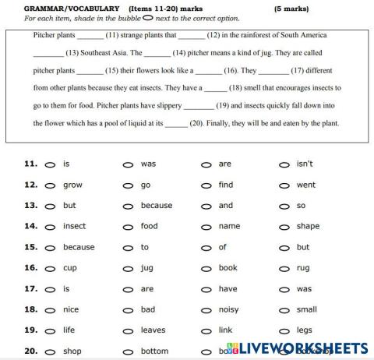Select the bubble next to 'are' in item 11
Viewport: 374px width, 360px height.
tap(206, 164)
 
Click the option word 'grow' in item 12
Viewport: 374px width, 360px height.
tap(72, 185)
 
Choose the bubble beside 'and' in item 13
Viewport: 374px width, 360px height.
tap(206, 206)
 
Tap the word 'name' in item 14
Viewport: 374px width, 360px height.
tap(229, 226)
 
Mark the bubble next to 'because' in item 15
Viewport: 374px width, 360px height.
tap(50, 247)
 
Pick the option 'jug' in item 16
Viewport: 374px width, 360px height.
tap(147, 267)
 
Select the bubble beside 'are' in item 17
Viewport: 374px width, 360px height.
tap(128, 288)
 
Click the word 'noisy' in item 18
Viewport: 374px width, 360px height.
tap(229, 309)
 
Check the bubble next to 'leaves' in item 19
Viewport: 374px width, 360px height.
tap(128, 330)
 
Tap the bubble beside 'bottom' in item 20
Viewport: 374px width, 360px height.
tap(128, 351)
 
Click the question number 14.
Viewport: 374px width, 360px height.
tap(31, 226)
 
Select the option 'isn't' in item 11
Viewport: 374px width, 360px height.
tap(305, 164)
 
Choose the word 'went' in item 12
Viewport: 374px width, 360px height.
tap(306, 185)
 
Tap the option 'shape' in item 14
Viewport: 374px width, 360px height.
tap(308, 226)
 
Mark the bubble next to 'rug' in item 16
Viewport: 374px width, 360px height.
tap(284, 268)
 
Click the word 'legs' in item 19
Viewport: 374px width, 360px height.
tap(305, 330)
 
